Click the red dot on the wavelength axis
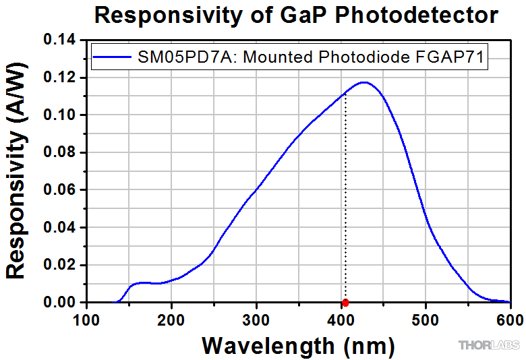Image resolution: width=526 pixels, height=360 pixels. pos(345,303)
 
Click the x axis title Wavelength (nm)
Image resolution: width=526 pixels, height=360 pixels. pos(298,345)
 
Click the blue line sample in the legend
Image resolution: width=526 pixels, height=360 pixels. pos(111,58)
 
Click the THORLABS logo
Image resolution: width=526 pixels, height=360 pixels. pos(490,346)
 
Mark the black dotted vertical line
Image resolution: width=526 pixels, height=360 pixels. pos(345,202)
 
